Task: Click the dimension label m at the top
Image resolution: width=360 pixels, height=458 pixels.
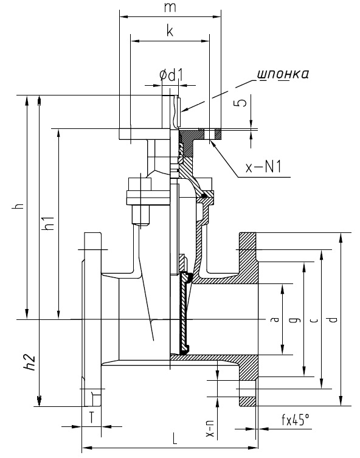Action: (170, 7)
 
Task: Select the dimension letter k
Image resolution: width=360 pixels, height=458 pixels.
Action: (170, 30)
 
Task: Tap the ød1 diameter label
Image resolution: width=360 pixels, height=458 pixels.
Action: (171, 75)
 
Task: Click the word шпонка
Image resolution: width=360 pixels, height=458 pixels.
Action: (283, 74)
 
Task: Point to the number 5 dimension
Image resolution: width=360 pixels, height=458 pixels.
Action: (241, 103)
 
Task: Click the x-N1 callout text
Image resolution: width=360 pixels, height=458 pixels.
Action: (263, 167)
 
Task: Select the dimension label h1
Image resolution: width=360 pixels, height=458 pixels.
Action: (48, 223)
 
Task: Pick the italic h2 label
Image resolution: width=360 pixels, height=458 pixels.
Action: (29, 363)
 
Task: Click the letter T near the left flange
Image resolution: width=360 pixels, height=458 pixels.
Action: (91, 417)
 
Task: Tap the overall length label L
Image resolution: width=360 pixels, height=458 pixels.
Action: (175, 438)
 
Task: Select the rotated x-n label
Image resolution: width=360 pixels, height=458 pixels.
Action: (210, 428)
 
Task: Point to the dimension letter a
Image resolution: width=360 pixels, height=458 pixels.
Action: (275, 319)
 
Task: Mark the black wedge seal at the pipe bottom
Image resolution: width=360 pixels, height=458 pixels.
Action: (184, 350)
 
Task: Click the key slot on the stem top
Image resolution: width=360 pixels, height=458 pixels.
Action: (178, 111)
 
